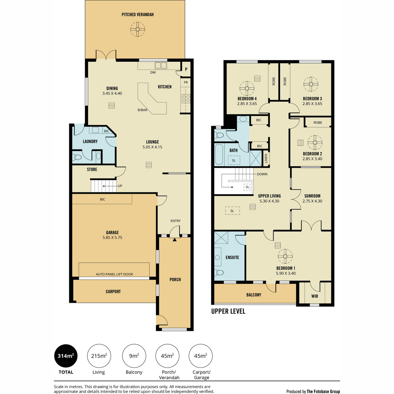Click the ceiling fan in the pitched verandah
coord(138,29)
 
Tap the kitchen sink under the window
coord(161,65)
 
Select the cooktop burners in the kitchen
coord(186,98)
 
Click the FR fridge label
coord(186,82)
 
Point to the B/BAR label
coord(142,110)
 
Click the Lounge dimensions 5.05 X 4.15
coord(152,147)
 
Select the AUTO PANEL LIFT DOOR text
coord(114,274)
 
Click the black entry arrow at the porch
coord(174,240)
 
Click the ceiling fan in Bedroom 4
coord(247,88)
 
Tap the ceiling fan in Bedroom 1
coord(285,256)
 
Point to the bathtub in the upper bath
coord(219,154)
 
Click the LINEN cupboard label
coord(266,159)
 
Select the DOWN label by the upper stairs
coord(262,174)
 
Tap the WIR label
coord(315,296)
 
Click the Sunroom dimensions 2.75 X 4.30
coord(312,201)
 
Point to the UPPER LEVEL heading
coord(228,311)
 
